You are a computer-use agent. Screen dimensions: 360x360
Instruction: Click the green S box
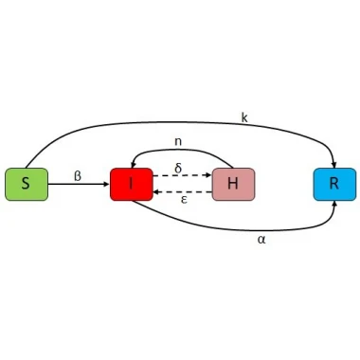pyautogui.click(x=27, y=184)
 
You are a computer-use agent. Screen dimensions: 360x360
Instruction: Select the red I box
pyautogui.click(x=132, y=184)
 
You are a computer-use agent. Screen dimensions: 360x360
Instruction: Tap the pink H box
pyautogui.click(x=233, y=184)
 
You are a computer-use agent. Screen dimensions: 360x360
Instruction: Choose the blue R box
pyautogui.click(x=334, y=184)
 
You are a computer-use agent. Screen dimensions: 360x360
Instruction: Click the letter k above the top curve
pyautogui.click(x=244, y=117)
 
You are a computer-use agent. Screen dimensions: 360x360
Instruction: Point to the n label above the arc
pyautogui.click(x=178, y=141)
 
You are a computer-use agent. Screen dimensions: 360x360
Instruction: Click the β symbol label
pyautogui.click(x=78, y=176)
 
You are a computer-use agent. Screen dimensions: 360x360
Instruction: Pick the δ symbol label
pyautogui.click(x=178, y=168)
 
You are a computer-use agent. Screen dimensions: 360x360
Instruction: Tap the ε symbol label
pyautogui.click(x=184, y=200)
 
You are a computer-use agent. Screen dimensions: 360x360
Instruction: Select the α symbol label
pyautogui.click(x=261, y=240)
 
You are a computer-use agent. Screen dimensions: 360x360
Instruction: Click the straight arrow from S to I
pyautogui.click(x=79, y=184)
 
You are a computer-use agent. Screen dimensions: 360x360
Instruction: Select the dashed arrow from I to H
pyautogui.click(x=182, y=175)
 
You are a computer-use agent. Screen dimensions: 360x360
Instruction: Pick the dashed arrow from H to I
pyautogui.click(x=182, y=191)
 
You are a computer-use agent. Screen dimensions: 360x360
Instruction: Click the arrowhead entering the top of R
pyautogui.click(x=333, y=165)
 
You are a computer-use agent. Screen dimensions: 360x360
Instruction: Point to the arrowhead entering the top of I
pyautogui.click(x=133, y=165)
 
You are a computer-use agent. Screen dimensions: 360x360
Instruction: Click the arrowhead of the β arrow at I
pyautogui.click(x=106, y=184)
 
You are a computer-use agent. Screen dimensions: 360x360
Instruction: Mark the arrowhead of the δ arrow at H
pyautogui.click(x=208, y=175)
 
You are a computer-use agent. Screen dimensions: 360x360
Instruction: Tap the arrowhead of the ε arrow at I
pyautogui.click(x=156, y=191)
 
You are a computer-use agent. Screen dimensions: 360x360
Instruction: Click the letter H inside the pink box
pyautogui.click(x=233, y=183)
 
